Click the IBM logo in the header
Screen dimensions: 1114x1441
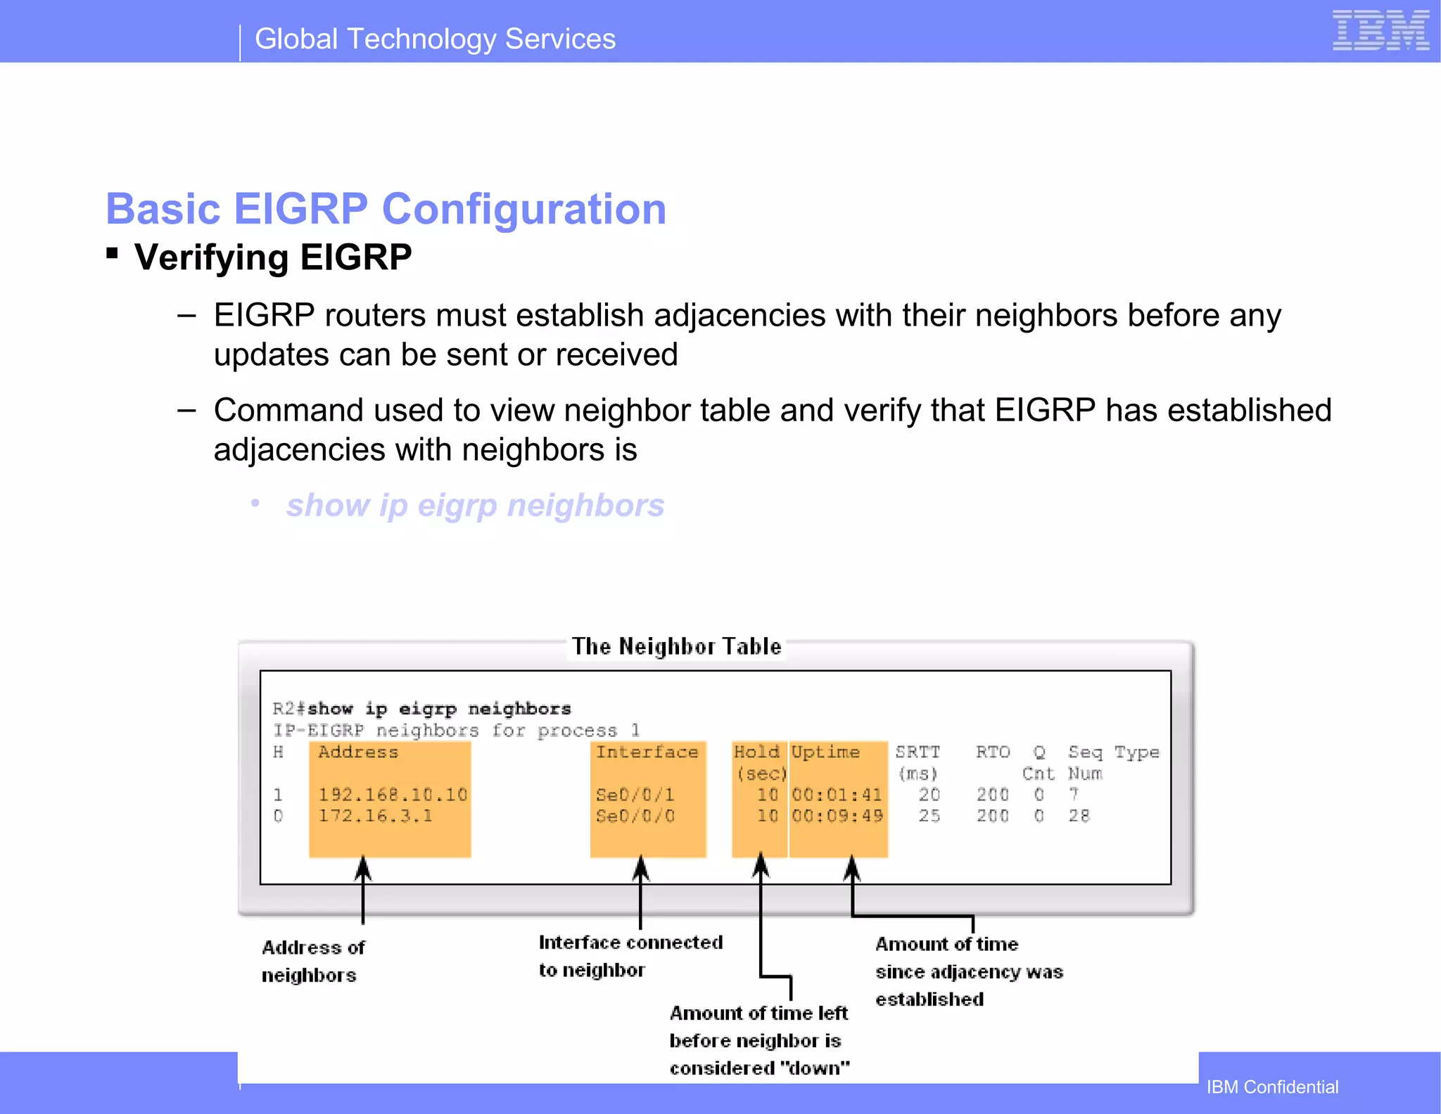[x=1380, y=31]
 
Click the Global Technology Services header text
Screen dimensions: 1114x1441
[x=435, y=39]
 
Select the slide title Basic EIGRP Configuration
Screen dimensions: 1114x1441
[x=386, y=209]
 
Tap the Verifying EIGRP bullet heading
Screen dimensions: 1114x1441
[x=273, y=257]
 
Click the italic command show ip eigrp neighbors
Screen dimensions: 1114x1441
[x=475, y=505]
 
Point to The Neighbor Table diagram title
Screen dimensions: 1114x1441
[x=676, y=646]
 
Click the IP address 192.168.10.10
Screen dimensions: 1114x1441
[x=393, y=795]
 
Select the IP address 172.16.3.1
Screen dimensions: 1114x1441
[x=375, y=816]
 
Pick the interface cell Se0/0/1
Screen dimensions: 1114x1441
[x=635, y=795]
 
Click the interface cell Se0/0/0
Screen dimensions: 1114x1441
[x=635, y=816]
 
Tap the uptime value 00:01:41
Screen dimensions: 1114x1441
[x=837, y=795]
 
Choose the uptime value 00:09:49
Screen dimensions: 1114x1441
[x=837, y=816]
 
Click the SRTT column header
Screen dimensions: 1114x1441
[x=917, y=753]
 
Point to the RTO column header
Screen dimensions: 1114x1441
[x=992, y=753]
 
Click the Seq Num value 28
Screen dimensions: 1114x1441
[x=1079, y=816]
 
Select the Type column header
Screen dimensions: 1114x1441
[x=1136, y=753]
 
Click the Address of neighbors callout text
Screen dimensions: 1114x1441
[x=312, y=961]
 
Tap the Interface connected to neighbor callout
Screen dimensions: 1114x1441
[x=630, y=956]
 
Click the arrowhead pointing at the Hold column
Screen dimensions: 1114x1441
[x=761, y=865]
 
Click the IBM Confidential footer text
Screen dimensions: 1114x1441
[x=1272, y=1087]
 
